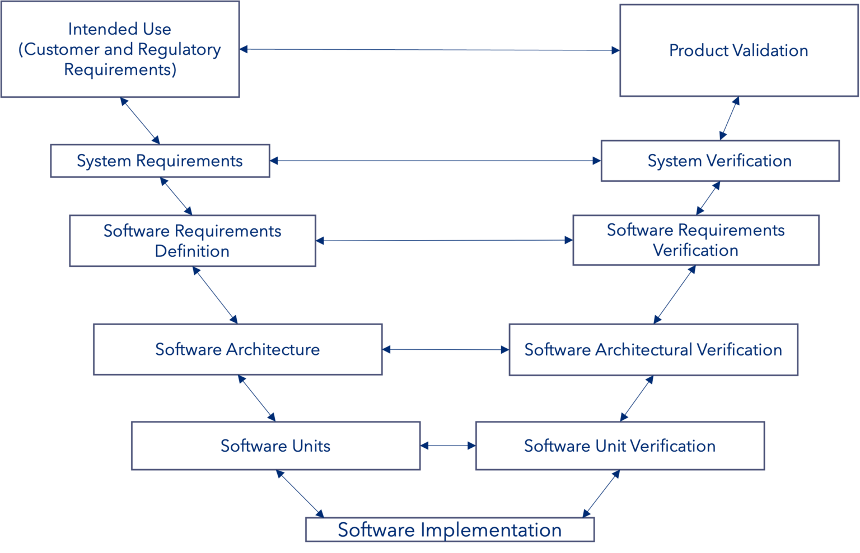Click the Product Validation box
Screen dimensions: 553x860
click(x=738, y=51)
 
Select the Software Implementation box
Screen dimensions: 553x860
click(x=449, y=530)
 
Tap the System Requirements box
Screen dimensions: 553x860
click(x=160, y=161)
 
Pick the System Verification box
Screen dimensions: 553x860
click(x=719, y=161)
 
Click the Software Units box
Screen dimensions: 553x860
click(x=275, y=446)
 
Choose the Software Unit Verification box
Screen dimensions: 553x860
click(x=619, y=446)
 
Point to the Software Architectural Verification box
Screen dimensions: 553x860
click(x=653, y=350)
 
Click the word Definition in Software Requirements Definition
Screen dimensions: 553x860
click(x=192, y=251)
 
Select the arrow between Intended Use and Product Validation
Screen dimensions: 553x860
click(x=429, y=50)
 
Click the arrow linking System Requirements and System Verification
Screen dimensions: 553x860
click(x=435, y=161)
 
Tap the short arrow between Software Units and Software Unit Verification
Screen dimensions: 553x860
click(x=447, y=446)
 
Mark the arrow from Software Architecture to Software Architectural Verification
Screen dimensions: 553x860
click(x=445, y=350)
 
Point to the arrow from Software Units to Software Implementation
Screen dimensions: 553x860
click(x=300, y=494)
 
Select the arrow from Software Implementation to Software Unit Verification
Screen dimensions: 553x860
click(x=601, y=494)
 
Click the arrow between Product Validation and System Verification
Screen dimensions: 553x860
click(x=730, y=118)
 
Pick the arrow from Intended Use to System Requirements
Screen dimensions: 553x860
click(x=140, y=120)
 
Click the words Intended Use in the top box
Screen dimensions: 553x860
click(x=119, y=29)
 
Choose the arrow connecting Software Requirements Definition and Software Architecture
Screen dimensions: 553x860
click(x=215, y=295)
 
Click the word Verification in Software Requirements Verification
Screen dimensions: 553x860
click(x=695, y=250)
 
